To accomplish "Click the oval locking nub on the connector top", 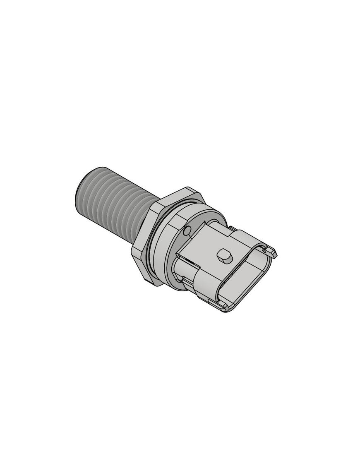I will tap(224, 255).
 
